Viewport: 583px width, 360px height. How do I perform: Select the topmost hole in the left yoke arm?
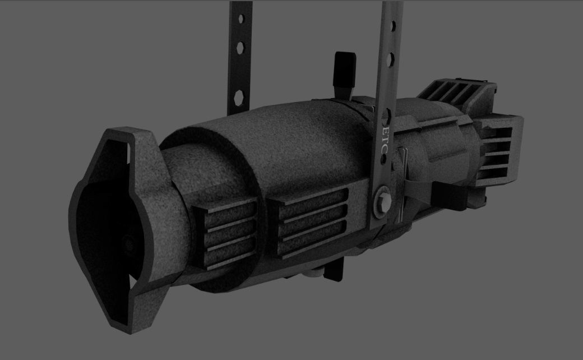click(x=241, y=19)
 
